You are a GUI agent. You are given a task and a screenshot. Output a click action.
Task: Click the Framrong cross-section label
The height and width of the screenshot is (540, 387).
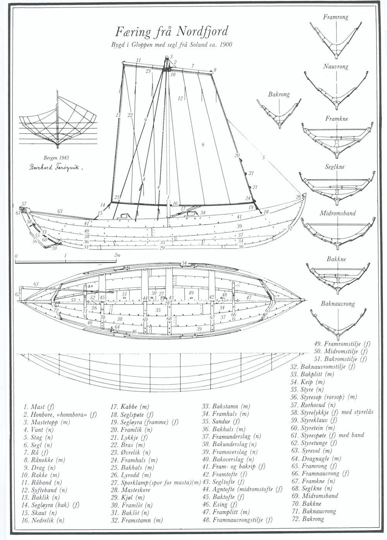click(x=336, y=17)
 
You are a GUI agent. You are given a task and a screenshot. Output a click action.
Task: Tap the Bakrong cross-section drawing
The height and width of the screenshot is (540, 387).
click(x=278, y=113)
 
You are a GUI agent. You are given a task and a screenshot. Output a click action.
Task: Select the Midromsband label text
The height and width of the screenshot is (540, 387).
click(x=337, y=213)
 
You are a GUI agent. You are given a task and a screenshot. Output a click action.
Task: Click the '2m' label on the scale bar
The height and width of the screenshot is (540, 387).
click(x=117, y=256)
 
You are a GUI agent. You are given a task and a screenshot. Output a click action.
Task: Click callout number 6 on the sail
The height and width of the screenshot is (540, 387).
click(x=203, y=145)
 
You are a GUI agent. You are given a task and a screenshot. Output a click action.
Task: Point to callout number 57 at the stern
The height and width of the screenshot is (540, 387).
click(x=24, y=204)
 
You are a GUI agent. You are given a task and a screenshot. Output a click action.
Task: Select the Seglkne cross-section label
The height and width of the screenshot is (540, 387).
click(x=335, y=167)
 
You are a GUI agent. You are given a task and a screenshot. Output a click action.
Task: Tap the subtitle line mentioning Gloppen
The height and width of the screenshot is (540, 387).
click(x=171, y=45)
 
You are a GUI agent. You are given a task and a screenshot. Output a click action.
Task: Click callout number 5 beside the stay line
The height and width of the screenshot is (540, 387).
click(x=263, y=157)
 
